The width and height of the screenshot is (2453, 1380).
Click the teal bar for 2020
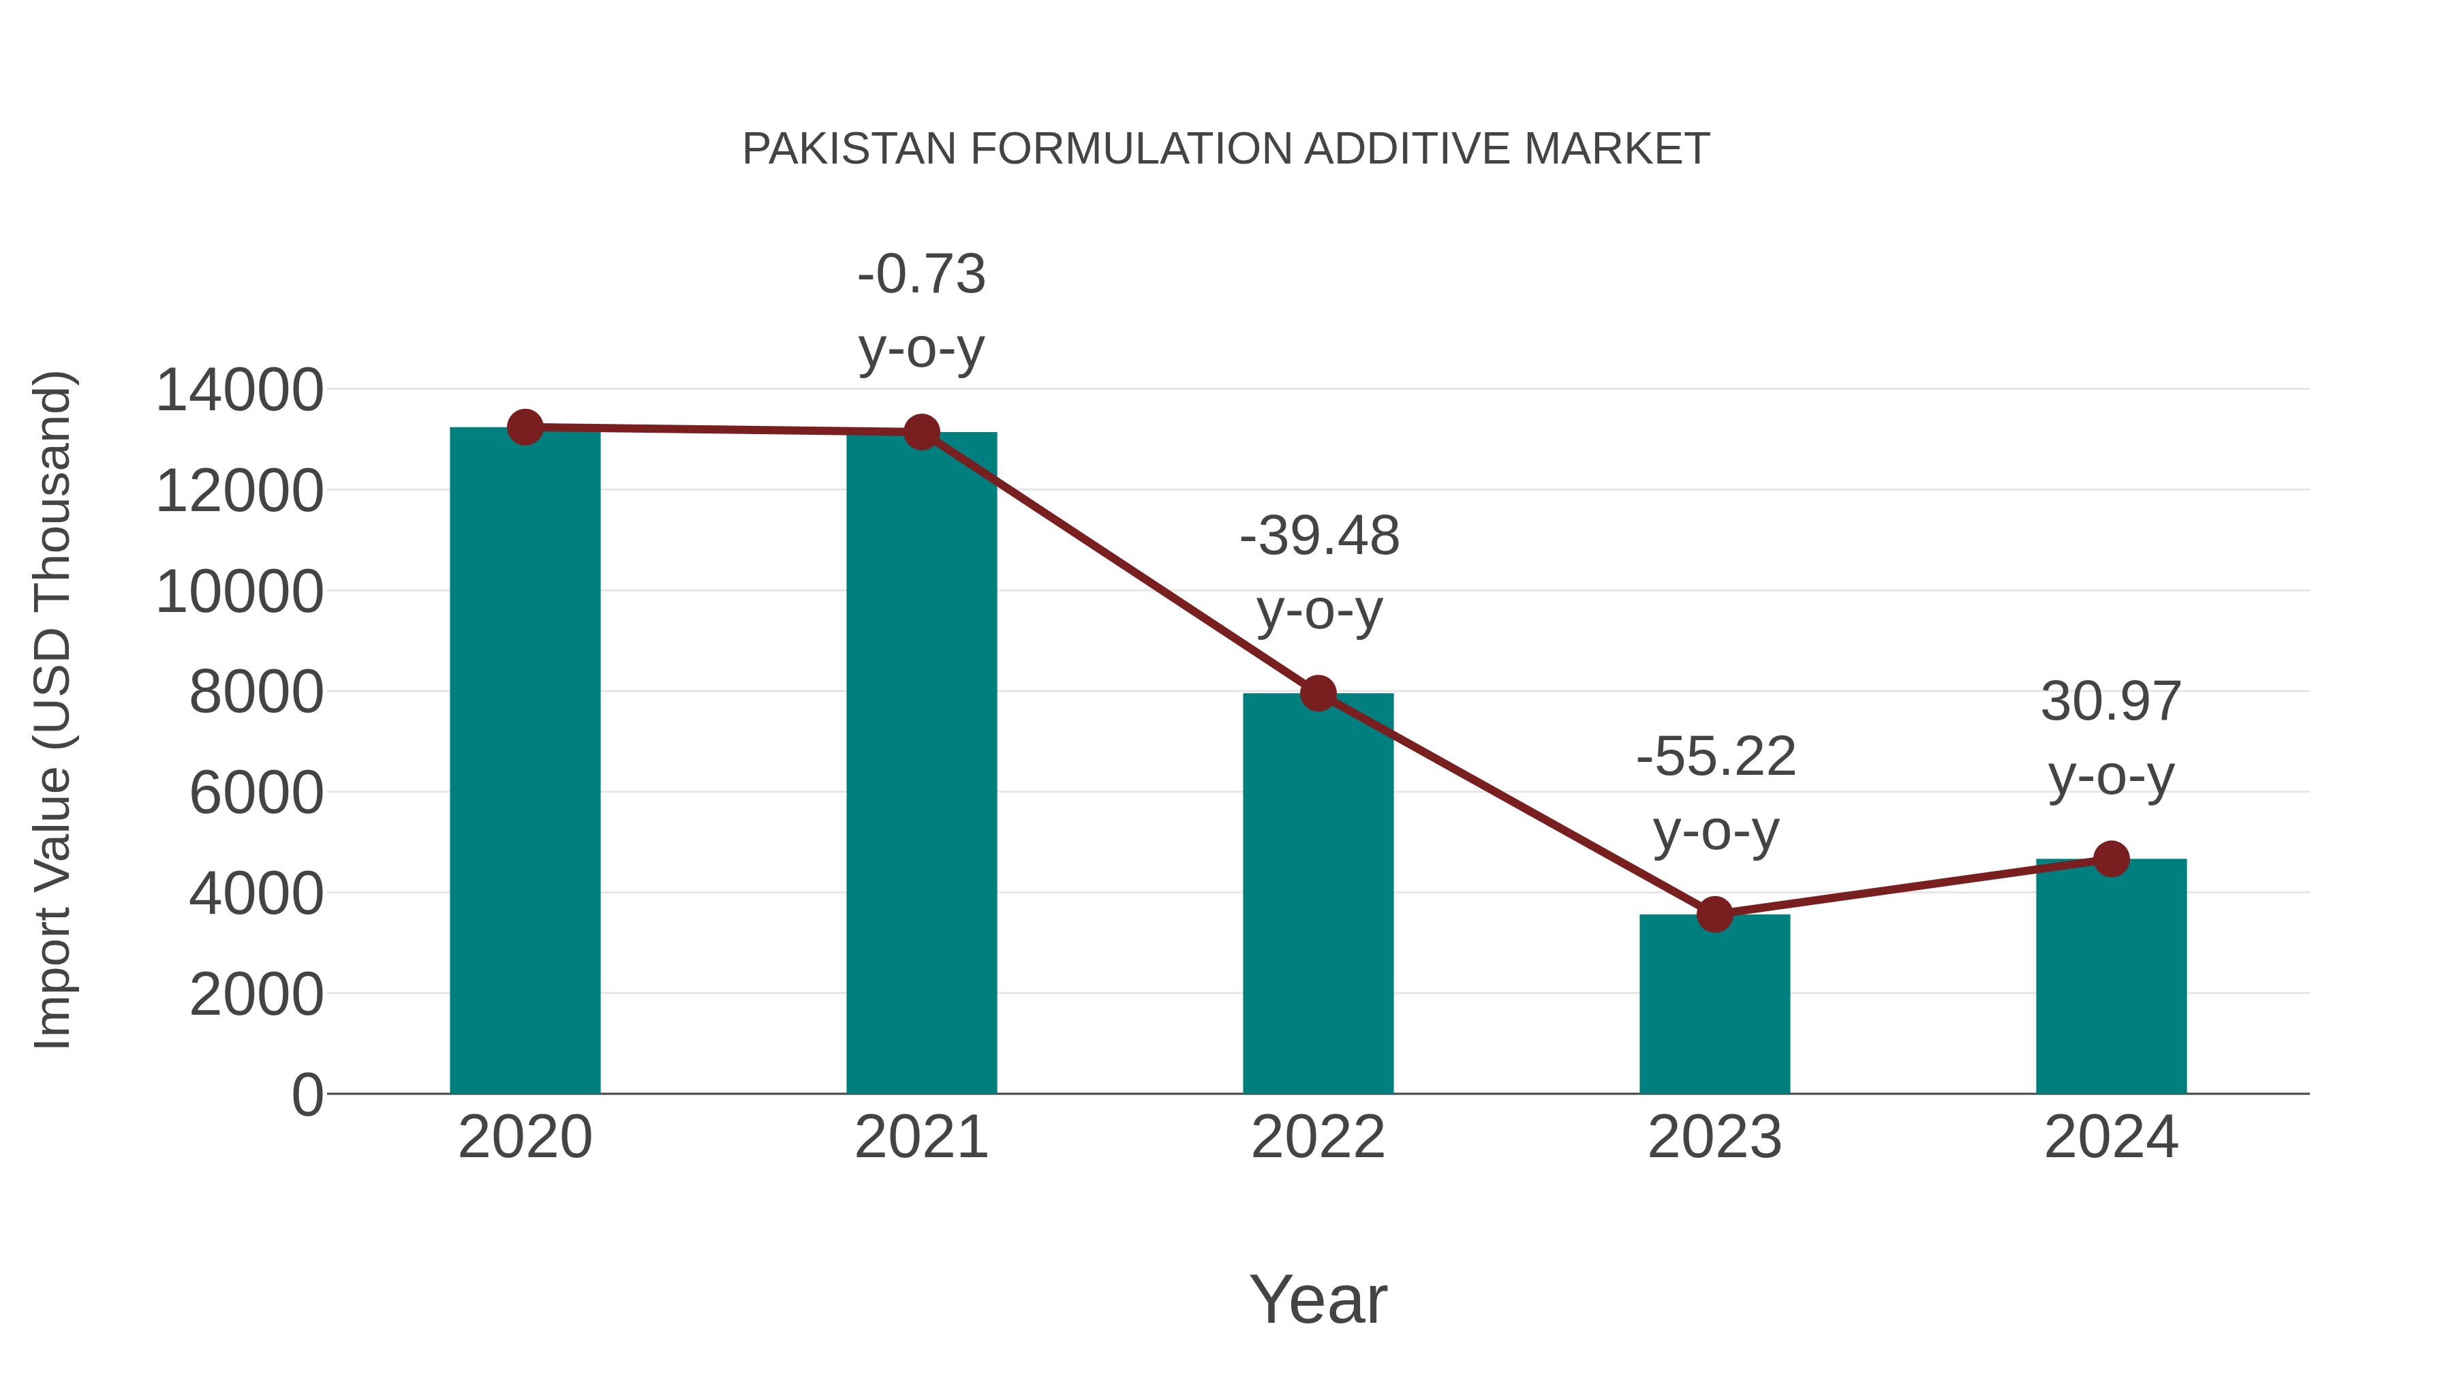tap(525, 762)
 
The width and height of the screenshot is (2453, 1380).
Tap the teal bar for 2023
tap(1714, 1004)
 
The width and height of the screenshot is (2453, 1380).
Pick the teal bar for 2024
tap(2111, 976)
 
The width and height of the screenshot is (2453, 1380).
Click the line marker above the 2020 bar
tap(525, 427)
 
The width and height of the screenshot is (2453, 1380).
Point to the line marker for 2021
tap(921, 432)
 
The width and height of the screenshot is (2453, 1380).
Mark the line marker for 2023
tap(1715, 915)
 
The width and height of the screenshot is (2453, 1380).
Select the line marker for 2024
tap(2111, 859)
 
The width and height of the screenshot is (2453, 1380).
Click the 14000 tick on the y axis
tap(239, 390)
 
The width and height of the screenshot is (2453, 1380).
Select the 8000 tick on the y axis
tap(256, 692)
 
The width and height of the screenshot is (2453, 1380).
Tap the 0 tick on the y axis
tap(307, 1094)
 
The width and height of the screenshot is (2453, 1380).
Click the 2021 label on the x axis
tap(921, 1137)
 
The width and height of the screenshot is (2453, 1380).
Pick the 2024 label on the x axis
tap(2111, 1137)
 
